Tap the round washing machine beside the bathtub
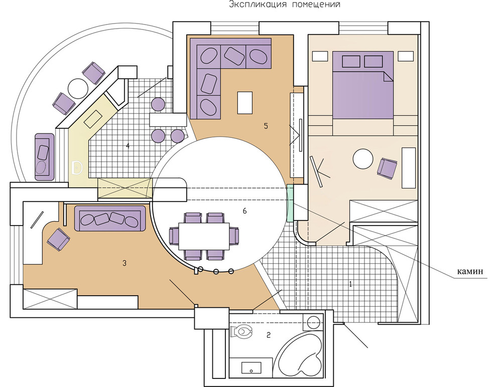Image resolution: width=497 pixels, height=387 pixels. [313, 321]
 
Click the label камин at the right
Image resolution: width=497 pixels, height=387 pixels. [470, 271]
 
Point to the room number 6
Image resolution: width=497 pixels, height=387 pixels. [244, 211]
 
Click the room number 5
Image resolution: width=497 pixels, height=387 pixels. [266, 126]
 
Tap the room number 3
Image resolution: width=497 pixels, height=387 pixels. [125, 263]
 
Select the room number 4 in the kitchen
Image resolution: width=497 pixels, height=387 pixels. [128, 146]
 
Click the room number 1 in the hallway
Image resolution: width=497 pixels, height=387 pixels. [350, 284]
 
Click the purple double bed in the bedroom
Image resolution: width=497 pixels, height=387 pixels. [363, 85]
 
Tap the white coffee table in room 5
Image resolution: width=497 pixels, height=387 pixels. [244, 103]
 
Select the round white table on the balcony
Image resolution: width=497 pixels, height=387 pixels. [78, 88]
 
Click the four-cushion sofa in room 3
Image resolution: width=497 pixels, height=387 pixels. [110, 218]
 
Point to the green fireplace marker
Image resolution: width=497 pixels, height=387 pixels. [290, 203]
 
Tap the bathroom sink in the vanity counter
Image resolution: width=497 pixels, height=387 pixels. [252, 368]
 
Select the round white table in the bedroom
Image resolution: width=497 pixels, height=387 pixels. [363, 159]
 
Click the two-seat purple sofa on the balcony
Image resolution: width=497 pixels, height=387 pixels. [44, 157]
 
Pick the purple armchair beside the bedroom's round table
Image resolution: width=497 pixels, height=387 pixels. [387, 168]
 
